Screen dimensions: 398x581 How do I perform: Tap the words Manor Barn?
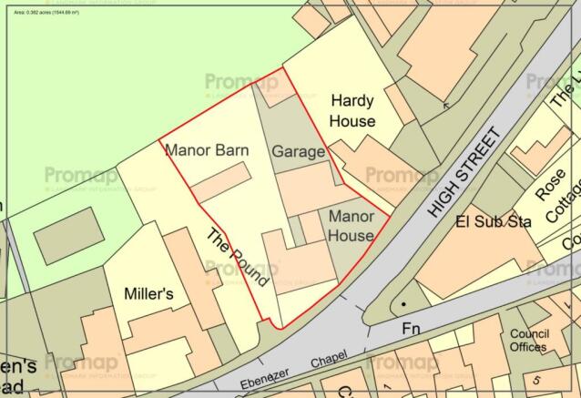coord(207,150)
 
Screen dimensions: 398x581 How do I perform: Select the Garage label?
coord(297,152)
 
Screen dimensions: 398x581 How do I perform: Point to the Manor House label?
coord(351,226)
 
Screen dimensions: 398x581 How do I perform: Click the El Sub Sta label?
coord(487,220)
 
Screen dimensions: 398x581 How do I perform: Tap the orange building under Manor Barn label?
coord(220,182)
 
